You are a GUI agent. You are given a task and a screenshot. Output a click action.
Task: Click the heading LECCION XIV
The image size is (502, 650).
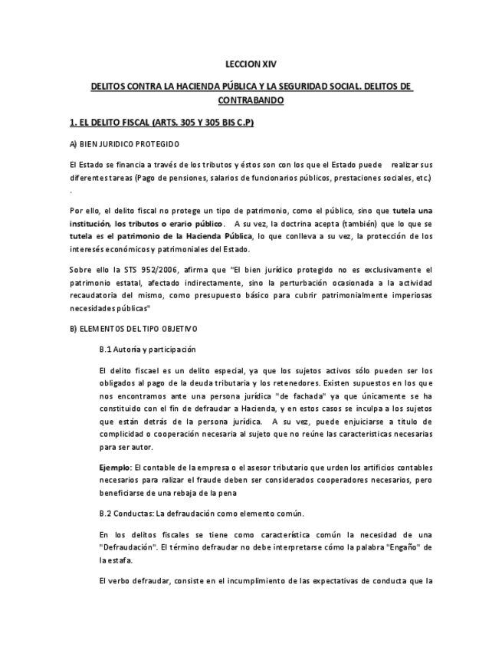click(251, 67)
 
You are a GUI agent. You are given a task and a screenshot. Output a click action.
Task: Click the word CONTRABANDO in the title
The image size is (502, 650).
click(251, 100)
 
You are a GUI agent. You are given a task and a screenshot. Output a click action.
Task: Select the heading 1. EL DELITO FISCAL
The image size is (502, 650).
click(161, 122)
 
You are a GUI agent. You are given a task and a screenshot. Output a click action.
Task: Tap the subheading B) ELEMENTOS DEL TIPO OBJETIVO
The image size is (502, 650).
click(133, 328)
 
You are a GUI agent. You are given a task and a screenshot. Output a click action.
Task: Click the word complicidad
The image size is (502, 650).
click(126, 434)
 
